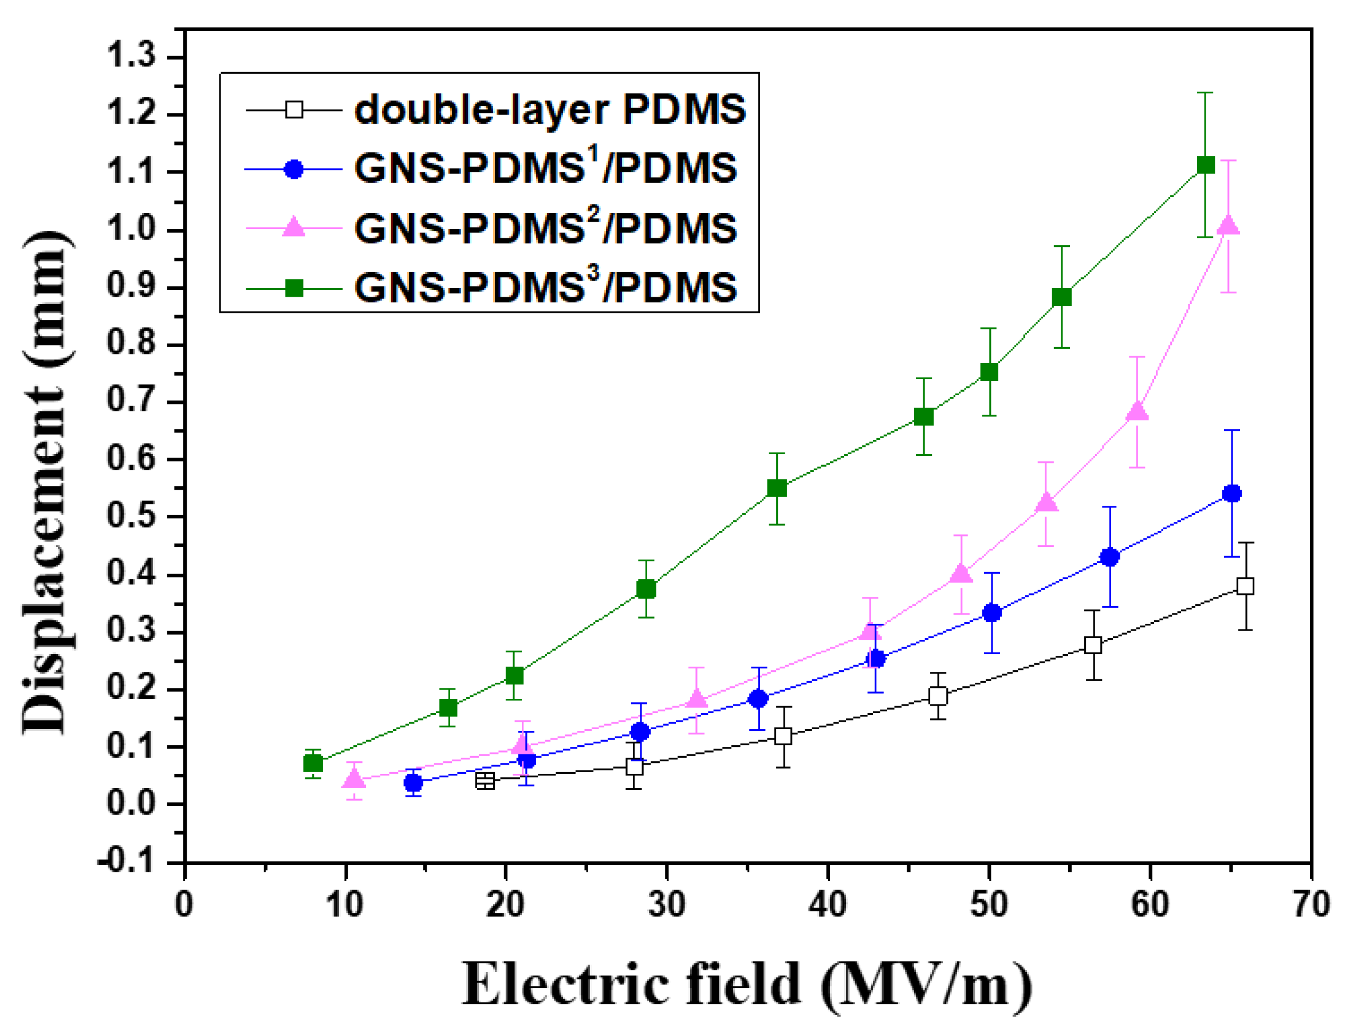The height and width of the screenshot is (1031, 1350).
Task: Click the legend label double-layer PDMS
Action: coord(550,111)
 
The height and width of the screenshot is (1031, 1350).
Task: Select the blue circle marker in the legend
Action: coord(294,170)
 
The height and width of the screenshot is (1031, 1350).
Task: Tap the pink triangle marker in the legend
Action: coord(294,227)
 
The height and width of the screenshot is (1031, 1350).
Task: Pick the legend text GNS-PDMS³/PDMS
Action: coord(545,286)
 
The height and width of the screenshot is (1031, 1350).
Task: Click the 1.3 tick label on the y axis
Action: coord(131,57)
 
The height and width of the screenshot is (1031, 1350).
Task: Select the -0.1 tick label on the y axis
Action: coord(127,862)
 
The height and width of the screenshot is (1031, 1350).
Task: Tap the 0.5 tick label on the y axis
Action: coord(131,516)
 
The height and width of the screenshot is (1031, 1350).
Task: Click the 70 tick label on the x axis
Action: coord(1310,905)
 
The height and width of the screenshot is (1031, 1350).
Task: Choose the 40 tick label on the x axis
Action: coord(827,905)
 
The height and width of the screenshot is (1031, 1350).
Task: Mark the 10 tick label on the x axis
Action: coord(345,905)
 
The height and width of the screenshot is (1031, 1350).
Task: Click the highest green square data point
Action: coord(1205,164)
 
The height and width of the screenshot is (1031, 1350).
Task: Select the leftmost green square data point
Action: coord(313,764)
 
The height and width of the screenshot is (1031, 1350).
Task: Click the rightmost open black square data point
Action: coord(1245,586)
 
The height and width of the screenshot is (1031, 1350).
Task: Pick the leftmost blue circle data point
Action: coord(413,783)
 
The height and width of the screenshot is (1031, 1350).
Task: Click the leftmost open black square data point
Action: coord(485,781)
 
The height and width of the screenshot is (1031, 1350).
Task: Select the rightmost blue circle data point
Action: coord(1231,493)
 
